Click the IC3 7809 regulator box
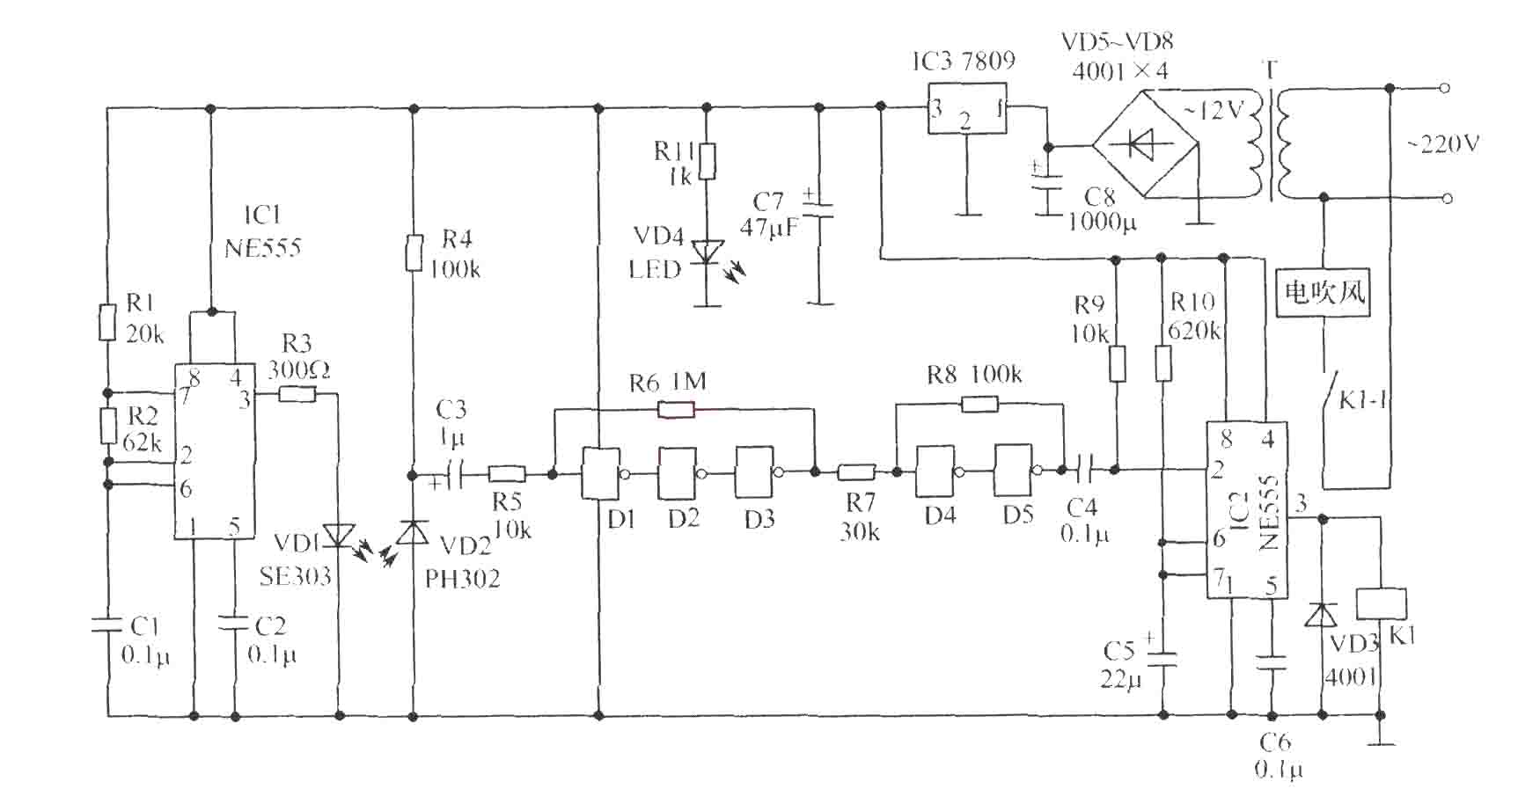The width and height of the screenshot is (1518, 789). (967, 108)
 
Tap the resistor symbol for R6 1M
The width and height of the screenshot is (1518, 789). (676, 409)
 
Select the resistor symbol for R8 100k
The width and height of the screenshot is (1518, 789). (979, 404)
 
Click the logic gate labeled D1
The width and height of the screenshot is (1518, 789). (602, 473)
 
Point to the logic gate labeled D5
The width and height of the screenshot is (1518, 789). (1016, 471)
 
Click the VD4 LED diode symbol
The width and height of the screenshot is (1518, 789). (707, 252)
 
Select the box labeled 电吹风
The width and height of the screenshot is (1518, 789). (1324, 291)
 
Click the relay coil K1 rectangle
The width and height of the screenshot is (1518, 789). (1381, 604)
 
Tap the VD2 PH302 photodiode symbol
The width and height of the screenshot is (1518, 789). (412, 531)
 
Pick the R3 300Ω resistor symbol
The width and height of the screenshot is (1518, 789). (297, 394)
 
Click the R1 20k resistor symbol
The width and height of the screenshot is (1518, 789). (106, 322)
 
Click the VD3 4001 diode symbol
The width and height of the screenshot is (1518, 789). (1320, 615)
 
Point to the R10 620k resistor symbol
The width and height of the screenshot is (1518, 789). (1162, 362)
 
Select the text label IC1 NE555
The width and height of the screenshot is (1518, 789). (262, 231)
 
